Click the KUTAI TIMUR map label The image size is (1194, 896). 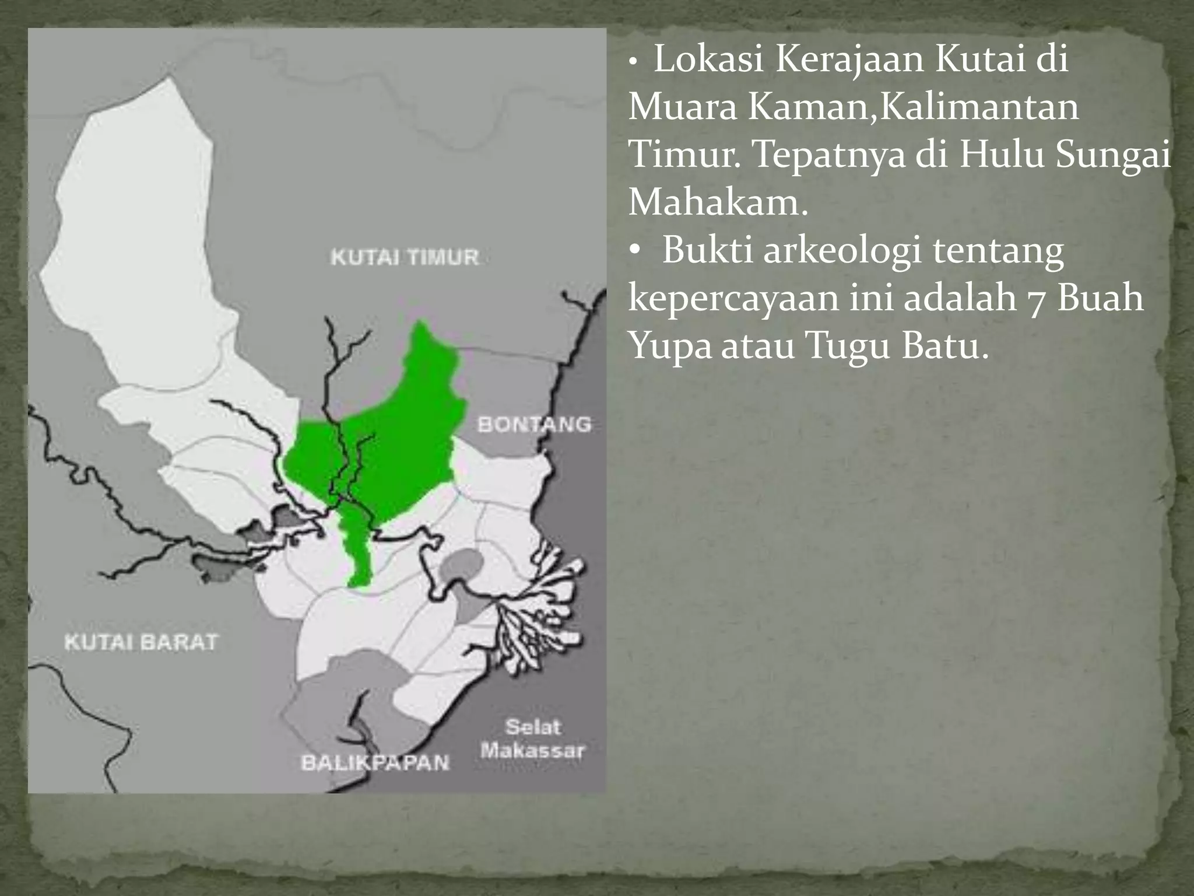(405, 257)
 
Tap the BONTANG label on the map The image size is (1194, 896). (534, 424)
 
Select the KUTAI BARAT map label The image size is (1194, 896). (141, 642)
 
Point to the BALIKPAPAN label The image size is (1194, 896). (375, 762)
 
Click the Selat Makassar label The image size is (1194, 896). (532, 738)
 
